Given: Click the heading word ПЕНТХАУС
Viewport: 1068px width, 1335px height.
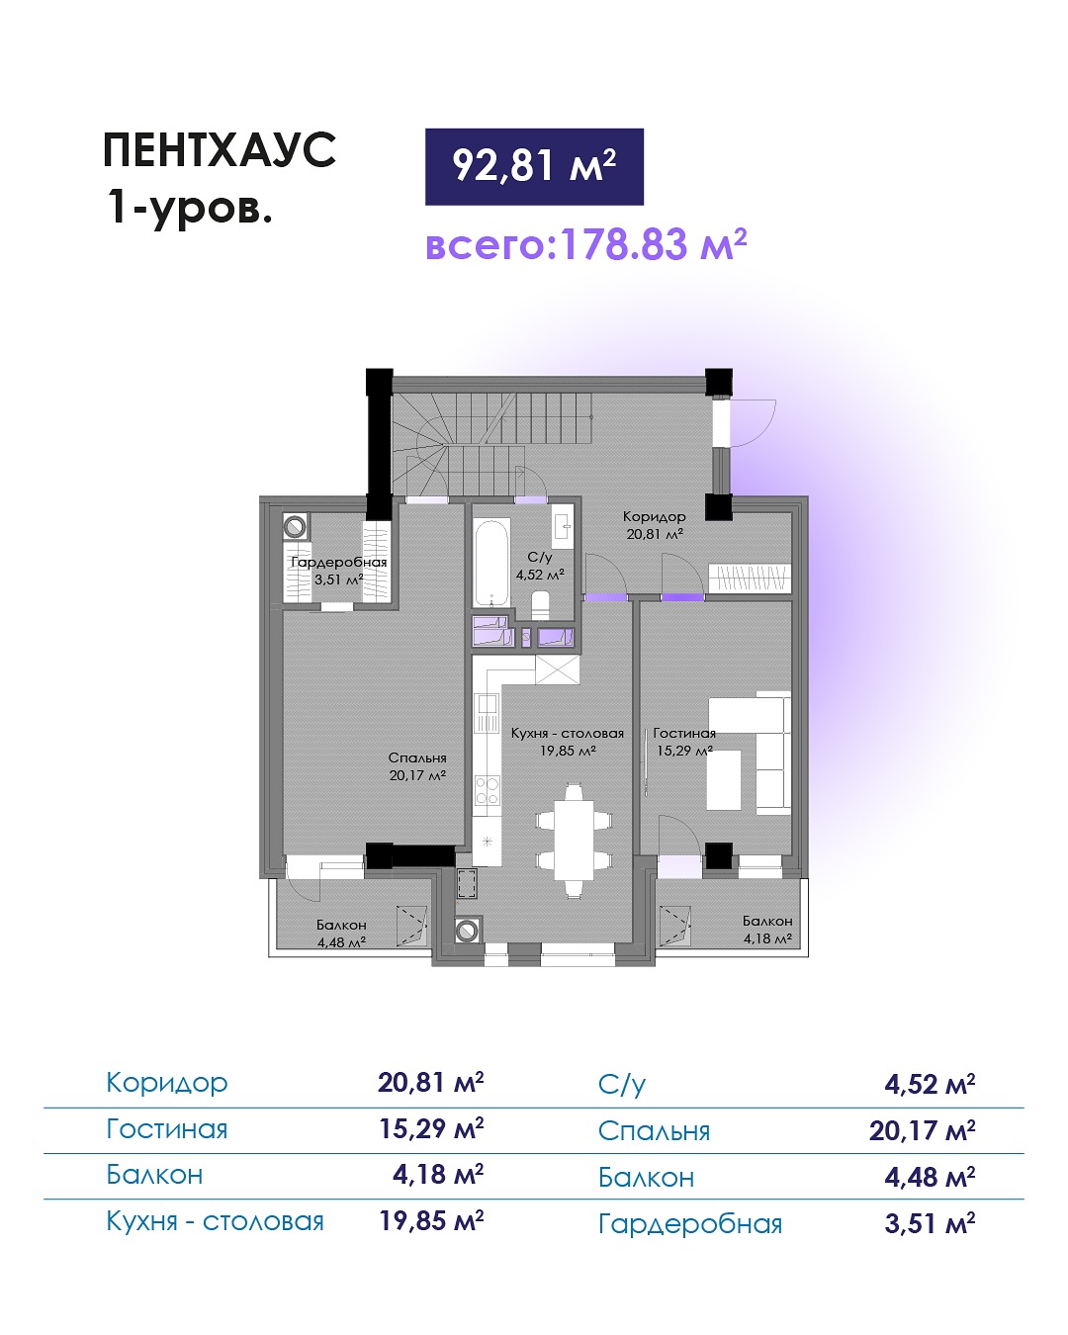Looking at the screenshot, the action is (x=220, y=150).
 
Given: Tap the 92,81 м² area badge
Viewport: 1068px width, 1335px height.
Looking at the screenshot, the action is (x=534, y=166).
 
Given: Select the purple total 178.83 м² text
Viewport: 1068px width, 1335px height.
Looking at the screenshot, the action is (x=585, y=244).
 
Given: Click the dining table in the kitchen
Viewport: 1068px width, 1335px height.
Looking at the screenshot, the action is (x=574, y=840).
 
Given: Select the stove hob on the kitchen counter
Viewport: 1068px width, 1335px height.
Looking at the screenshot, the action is (x=487, y=791).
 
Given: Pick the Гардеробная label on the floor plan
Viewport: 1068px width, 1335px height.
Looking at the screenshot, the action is (x=339, y=562).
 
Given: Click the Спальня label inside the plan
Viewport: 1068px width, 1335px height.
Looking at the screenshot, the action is (x=417, y=758).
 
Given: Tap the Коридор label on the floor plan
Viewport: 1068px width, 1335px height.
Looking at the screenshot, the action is (x=654, y=516).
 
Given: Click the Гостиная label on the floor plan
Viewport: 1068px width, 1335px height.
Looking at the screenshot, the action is (x=684, y=733).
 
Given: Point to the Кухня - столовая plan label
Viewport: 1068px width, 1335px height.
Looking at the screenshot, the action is (x=568, y=733).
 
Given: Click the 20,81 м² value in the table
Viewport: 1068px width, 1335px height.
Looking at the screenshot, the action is (x=431, y=1082).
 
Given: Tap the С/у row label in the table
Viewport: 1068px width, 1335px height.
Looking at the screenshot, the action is (x=622, y=1085).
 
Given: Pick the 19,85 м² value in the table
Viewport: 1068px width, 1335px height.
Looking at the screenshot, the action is (x=431, y=1220).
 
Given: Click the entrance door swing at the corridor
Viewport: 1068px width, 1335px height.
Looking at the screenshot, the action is (x=753, y=423).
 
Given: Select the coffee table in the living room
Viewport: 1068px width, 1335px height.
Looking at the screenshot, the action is (x=724, y=779).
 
